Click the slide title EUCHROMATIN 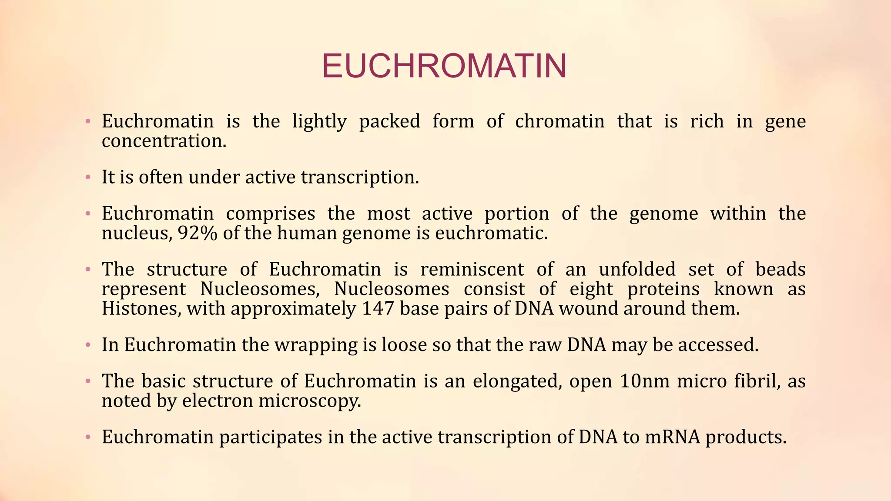coord(444,66)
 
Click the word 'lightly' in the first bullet coord(319,122)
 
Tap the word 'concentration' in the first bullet coord(163,141)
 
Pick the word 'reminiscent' coord(472,270)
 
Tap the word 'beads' coord(780,270)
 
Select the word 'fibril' coord(755,381)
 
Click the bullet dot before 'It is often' coord(88,177)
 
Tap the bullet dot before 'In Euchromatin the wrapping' coord(88,345)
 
